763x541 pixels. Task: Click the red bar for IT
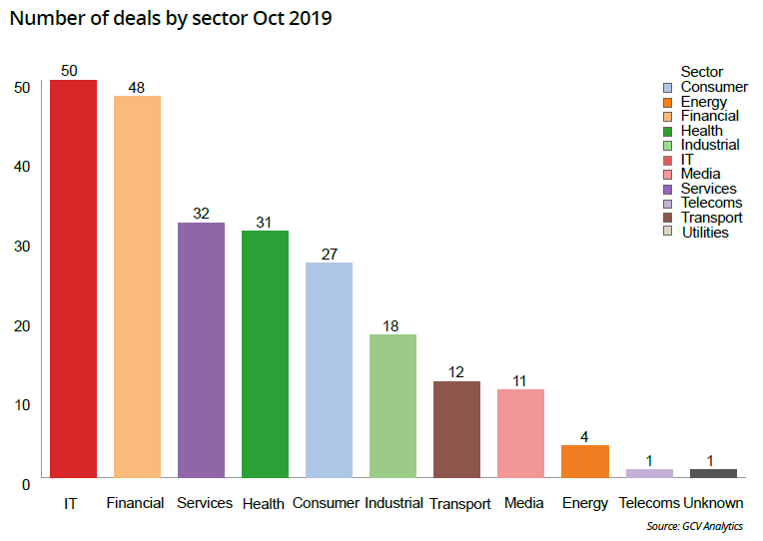coord(73,278)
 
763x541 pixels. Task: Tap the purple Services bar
coord(201,349)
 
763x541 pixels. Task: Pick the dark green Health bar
coord(265,353)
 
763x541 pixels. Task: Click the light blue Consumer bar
coord(329,369)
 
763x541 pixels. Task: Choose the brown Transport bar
coord(456,429)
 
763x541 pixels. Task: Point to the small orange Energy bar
coord(584,461)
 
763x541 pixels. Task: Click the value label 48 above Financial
coord(137,88)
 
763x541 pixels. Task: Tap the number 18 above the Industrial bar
coord(392,325)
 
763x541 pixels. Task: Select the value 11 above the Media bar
coord(520,380)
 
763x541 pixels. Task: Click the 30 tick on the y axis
coord(22,246)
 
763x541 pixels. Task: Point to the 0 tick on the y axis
coord(26,483)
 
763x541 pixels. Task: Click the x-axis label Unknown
coord(712,503)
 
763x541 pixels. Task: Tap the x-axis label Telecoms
coord(649,503)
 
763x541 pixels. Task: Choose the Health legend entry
coord(701,131)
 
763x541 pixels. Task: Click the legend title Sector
coord(701,72)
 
